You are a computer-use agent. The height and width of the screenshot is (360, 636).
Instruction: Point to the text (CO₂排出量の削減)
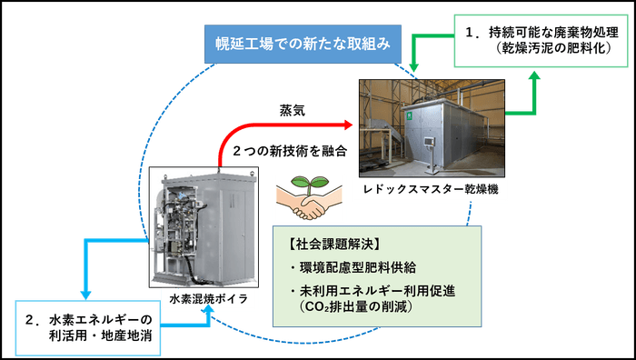(355, 307)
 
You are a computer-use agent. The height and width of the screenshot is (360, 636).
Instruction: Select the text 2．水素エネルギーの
(88, 320)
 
